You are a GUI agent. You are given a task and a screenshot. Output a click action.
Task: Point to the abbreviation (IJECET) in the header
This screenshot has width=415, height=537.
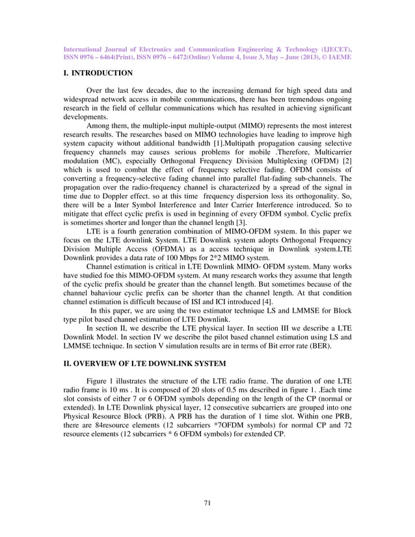tap(330, 49)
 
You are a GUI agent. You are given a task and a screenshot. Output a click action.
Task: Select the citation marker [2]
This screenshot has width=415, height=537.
tap(345, 159)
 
